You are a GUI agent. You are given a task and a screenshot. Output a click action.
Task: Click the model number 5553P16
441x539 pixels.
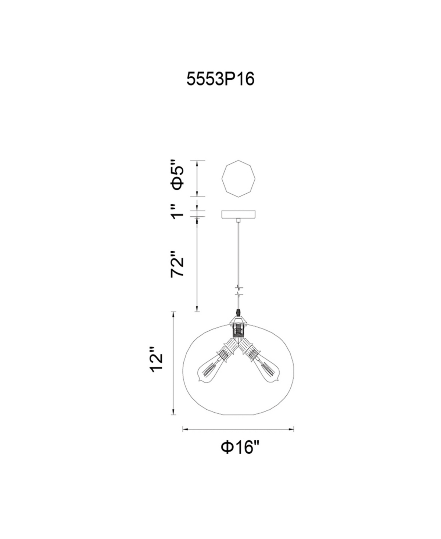pyautogui.click(x=220, y=79)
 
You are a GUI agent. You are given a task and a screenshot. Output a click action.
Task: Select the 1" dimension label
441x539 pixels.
pyautogui.click(x=178, y=212)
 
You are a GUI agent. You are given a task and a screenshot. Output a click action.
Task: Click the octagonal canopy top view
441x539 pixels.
pyautogui.click(x=238, y=179)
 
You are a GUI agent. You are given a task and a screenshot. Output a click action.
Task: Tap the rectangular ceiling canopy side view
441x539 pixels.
pyautogui.click(x=238, y=214)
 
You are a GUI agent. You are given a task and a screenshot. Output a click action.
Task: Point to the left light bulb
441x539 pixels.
pyautogui.click(x=209, y=370)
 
